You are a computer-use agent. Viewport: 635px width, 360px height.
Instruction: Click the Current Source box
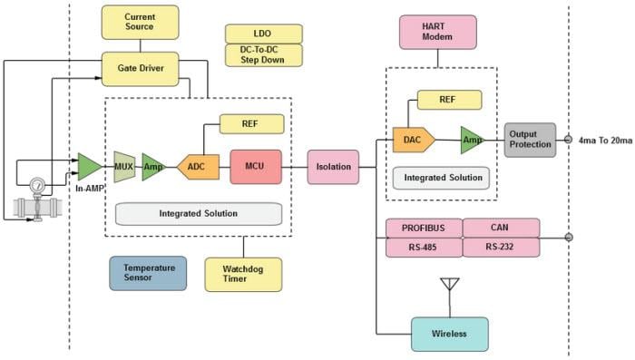139,22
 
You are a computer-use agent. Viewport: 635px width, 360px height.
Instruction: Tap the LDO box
263,34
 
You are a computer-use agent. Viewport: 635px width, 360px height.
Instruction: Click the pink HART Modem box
438,33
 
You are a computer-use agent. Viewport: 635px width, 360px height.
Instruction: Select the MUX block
124,167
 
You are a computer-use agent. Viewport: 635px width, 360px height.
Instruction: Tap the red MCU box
255,167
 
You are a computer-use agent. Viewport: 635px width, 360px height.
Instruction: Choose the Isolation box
333,167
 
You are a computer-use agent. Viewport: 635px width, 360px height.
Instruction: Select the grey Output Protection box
530,140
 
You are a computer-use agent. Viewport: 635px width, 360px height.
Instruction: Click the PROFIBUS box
424,228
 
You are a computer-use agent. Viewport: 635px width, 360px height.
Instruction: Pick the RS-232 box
501,247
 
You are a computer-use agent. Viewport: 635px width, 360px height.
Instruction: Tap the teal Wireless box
449,334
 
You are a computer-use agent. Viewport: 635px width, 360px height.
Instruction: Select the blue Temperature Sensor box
148,273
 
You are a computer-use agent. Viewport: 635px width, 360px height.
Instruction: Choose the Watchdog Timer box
243,274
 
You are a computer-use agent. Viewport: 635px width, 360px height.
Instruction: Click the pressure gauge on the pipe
37,186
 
